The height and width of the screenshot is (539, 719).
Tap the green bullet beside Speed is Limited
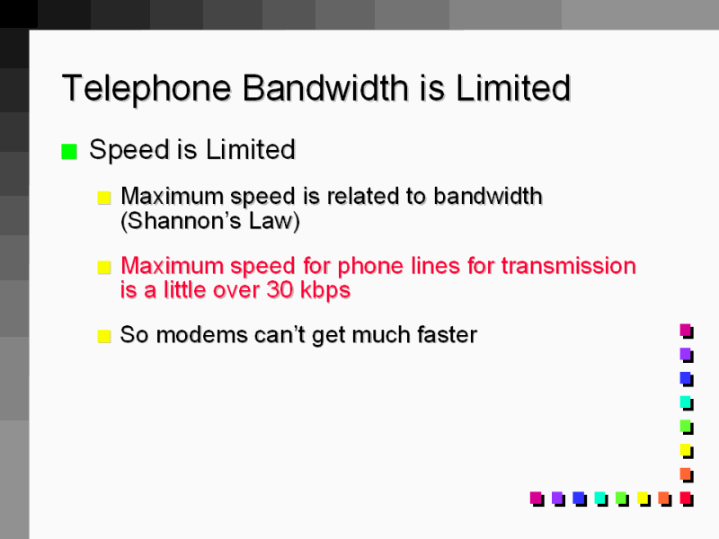(69, 152)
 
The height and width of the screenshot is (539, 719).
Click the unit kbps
(324, 290)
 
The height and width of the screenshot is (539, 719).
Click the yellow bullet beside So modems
(104, 337)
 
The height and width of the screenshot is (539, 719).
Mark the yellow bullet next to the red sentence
(104, 268)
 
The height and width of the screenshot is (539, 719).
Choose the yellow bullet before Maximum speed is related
(104, 198)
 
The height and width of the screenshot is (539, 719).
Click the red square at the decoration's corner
(686, 497)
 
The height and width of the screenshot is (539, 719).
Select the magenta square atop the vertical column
(686, 330)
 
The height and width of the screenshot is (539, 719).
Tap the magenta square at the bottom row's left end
(536, 497)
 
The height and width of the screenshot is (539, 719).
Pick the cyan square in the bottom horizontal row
(599, 497)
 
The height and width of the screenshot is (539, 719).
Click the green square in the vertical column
(686, 425)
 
